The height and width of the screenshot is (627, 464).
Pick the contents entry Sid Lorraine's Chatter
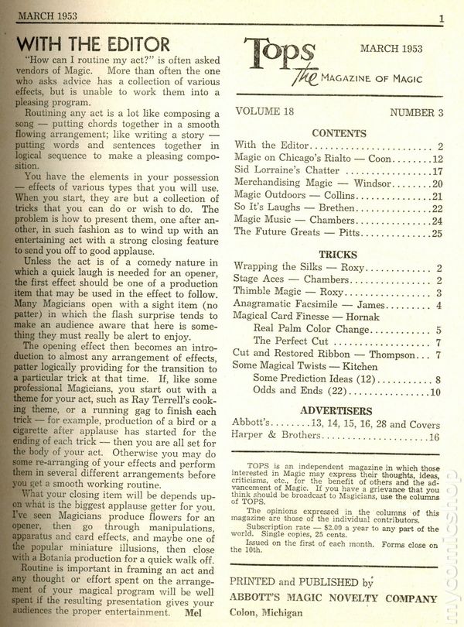pyautogui.click(x=278, y=172)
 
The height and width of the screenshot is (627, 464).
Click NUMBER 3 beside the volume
pyautogui.click(x=416, y=112)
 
